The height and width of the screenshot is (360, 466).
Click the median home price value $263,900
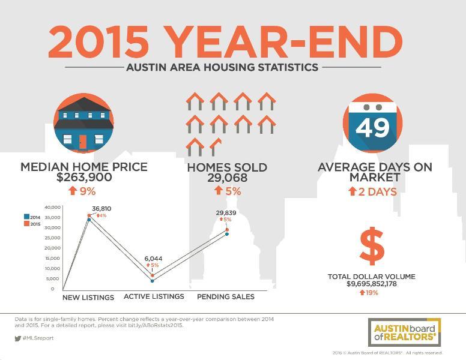click(84, 178)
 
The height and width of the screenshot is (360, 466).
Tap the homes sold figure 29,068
click(228, 178)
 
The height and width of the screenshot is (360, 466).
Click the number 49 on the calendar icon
click(373, 128)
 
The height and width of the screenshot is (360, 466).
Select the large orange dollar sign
click(372, 246)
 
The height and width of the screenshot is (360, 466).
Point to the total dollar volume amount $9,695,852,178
click(372, 284)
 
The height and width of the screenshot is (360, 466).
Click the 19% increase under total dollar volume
click(369, 293)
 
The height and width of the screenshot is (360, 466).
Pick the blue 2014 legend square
click(26, 217)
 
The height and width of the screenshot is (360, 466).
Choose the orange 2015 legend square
click(26, 224)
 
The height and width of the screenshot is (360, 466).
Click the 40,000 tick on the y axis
click(53, 207)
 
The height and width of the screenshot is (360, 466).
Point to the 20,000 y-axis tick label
click(53, 248)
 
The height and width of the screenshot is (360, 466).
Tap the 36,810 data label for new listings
click(101, 209)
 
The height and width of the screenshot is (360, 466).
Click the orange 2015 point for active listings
click(153, 275)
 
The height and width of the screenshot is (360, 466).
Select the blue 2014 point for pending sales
click(227, 234)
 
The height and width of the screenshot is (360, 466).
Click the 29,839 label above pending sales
click(226, 212)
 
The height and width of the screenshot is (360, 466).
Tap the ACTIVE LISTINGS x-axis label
click(154, 296)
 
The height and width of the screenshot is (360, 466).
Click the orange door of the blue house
click(83, 142)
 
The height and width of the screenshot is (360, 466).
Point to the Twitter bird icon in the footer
click(18, 338)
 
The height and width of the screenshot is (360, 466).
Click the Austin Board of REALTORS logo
click(405, 332)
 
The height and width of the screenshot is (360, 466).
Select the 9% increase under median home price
click(82, 191)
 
